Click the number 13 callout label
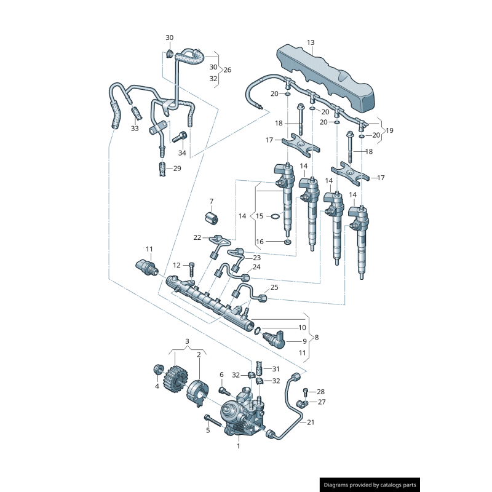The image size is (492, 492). [x=311, y=42]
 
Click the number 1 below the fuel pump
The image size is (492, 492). [x=239, y=446]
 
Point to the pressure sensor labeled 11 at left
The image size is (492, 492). [x=146, y=266]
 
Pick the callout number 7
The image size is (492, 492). [x=211, y=201]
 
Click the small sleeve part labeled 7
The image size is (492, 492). [x=212, y=218]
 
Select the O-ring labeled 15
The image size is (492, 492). [x=276, y=216]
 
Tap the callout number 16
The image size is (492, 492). [x=260, y=241]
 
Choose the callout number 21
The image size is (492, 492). [x=311, y=422]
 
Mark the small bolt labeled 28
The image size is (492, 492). [x=305, y=391]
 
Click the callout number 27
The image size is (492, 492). [x=321, y=402]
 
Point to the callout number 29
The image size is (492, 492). [x=177, y=169]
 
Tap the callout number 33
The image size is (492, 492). [x=135, y=129]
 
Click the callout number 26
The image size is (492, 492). [x=227, y=69]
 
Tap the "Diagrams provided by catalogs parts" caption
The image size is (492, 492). [x=370, y=485]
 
